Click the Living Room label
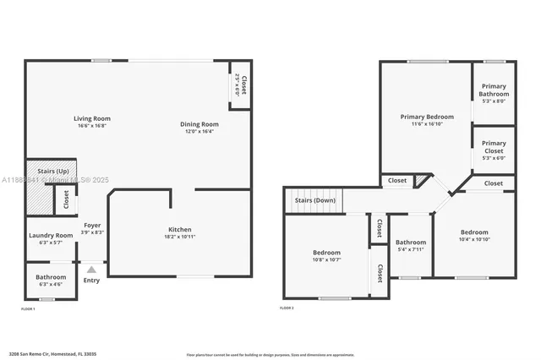click(92, 118)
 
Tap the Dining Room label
click(200, 125)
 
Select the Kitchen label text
click(179, 229)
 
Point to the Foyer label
click(92, 226)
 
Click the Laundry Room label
click(51, 236)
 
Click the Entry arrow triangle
click(91, 270)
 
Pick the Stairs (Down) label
click(314, 200)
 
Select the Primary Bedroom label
click(427, 117)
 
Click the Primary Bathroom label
click(494, 90)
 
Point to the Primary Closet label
click(494, 147)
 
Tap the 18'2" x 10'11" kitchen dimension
click(179, 237)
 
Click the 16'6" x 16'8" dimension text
click(92, 126)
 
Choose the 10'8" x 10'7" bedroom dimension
click(326, 260)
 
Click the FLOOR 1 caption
click(29, 309)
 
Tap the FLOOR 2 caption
click(287, 308)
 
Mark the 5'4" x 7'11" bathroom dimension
click(412, 249)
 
